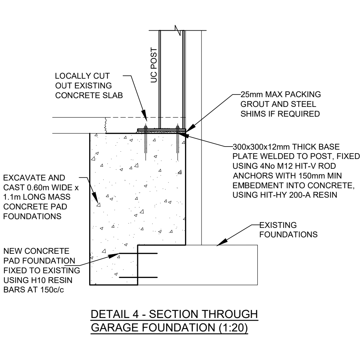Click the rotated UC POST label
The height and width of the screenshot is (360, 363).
(154, 65)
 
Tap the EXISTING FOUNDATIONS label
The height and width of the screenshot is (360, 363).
(288, 230)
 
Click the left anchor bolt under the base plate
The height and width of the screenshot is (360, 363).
(146, 142)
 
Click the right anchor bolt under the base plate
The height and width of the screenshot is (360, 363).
(178, 142)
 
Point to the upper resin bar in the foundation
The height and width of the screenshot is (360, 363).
(138, 253)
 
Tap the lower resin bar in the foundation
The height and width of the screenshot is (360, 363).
(138, 277)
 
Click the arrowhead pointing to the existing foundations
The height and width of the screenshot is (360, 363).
(221, 243)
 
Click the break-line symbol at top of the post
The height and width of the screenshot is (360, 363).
(178, 30)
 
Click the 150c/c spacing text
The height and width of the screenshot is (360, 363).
(52, 290)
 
